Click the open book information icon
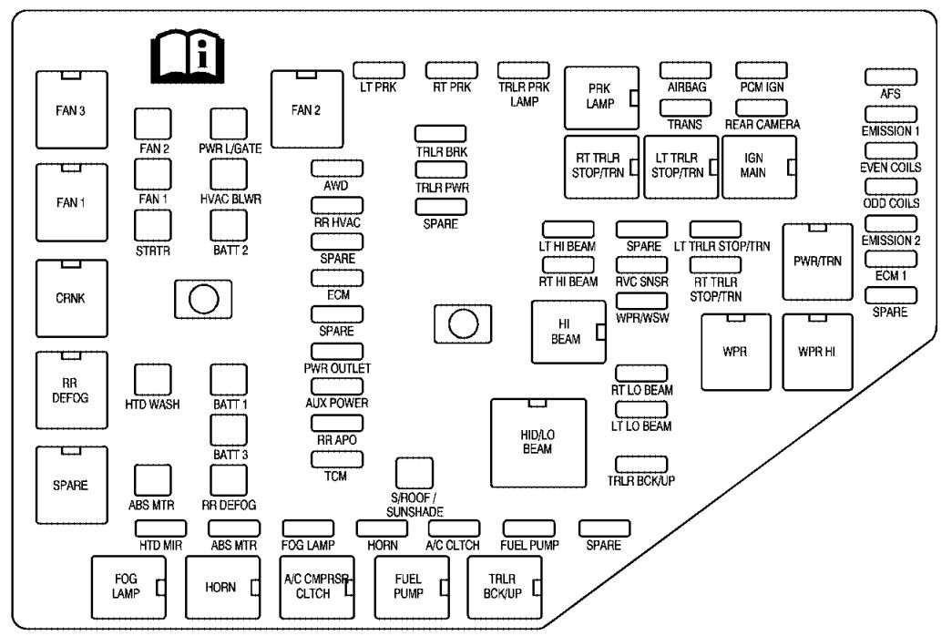pyautogui.click(x=188, y=57)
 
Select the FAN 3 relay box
pyautogui.click(x=72, y=110)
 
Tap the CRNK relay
pyautogui.click(x=72, y=298)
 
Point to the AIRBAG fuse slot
pyautogui.click(x=685, y=70)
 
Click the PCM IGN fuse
pyautogui.click(x=762, y=70)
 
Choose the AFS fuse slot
pyautogui.click(x=891, y=77)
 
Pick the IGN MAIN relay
pyautogui.click(x=760, y=167)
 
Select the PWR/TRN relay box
pyautogui.click(x=817, y=262)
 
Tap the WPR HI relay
pyautogui.click(x=817, y=352)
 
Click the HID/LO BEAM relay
pyautogui.click(x=538, y=443)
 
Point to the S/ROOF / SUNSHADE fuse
pyautogui.click(x=415, y=473)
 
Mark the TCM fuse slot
pyautogui.click(x=337, y=459)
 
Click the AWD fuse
pyautogui.click(x=337, y=169)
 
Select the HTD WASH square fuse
pyautogui.click(x=152, y=380)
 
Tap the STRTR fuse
pyautogui.click(x=152, y=225)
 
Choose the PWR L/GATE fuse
pyautogui.click(x=229, y=124)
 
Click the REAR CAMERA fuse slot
pyautogui.click(x=762, y=108)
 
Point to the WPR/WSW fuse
pyautogui.click(x=641, y=301)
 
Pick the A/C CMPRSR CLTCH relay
pyautogui.click(x=317, y=587)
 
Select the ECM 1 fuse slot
pyautogui.click(x=891, y=259)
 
